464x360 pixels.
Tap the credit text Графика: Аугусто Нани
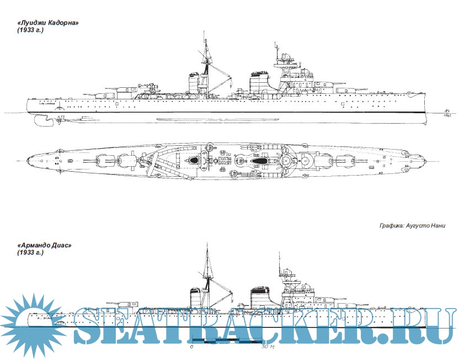point(412,226)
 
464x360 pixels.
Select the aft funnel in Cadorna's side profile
point(193,83)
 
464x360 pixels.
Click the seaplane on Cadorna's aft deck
point(145,87)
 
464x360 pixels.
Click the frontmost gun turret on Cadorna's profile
point(353,88)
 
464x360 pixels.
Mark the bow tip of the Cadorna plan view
point(424,161)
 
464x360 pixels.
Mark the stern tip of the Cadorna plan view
point(27,161)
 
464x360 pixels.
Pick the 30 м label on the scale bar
point(268,348)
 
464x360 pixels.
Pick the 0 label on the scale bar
point(191,348)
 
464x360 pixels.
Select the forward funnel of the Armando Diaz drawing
point(259,299)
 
